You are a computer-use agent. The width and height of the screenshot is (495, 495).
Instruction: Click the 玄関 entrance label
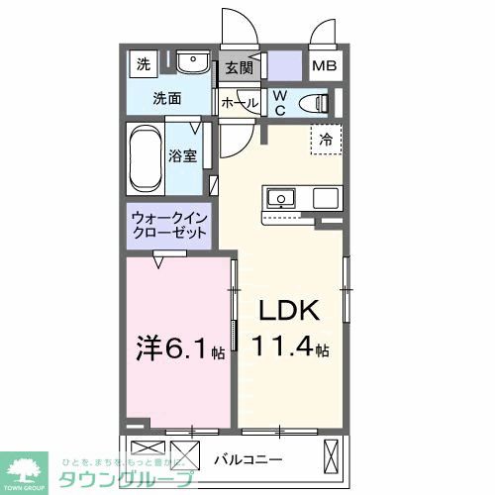pyautogui.click(x=239, y=68)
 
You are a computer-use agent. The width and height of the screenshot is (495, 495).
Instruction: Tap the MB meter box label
pyautogui.click(x=324, y=68)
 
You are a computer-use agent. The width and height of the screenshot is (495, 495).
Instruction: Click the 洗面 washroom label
pyautogui.click(x=166, y=99)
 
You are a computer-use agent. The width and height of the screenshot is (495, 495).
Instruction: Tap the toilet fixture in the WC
pyautogui.click(x=316, y=101)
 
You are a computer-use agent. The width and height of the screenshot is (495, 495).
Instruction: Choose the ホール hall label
pyautogui.click(x=240, y=102)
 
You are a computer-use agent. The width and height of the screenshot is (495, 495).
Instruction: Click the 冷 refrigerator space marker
pyautogui.click(x=326, y=141)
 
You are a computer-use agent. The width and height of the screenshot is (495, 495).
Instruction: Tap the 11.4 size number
pyautogui.click(x=282, y=348)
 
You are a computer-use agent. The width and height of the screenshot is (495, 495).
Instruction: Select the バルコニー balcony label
pyautogui.click(x=248, y=459)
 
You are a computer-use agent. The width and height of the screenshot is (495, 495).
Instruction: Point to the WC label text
pyautogui.click(x=279, y=101)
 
